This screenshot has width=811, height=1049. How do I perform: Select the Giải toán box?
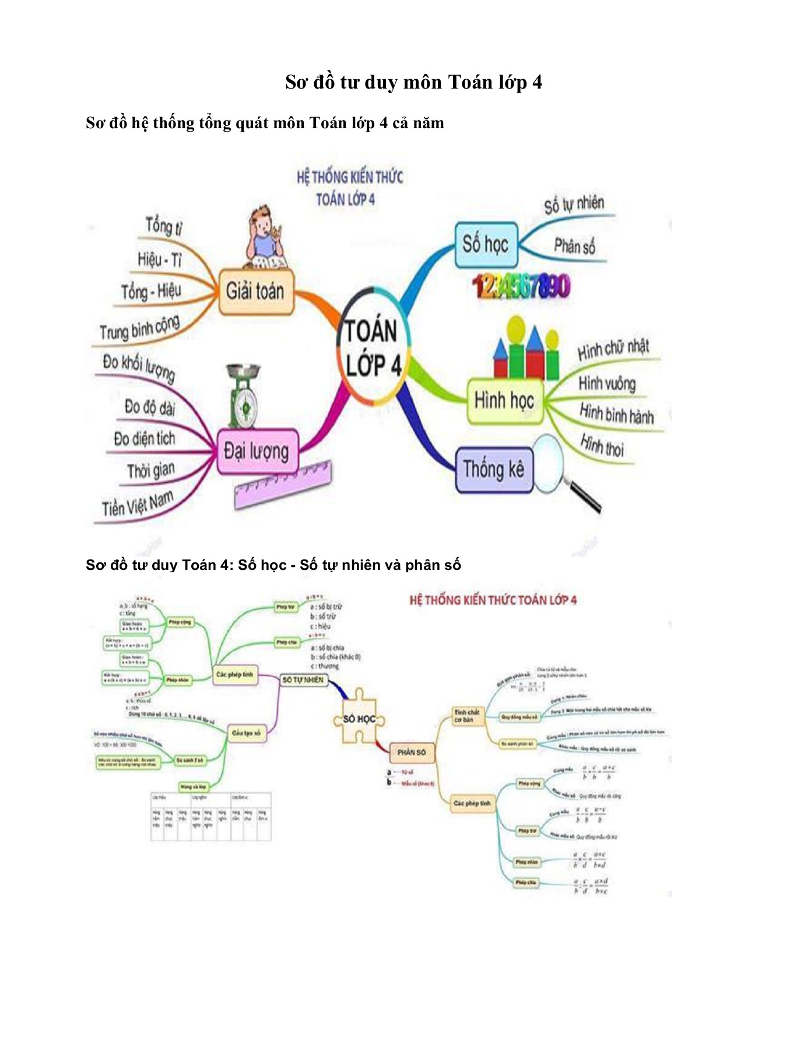coord(255,291)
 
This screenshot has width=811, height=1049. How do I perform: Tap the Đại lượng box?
coord(257,451)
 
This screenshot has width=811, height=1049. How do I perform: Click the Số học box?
coord(486,244)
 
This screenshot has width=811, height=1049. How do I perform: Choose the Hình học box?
coord(504,401)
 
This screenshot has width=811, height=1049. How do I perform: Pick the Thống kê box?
coord(493,469)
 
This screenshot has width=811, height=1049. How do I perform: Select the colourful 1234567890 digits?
coord(521,286)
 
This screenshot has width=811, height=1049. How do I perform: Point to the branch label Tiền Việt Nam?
coord(138,504)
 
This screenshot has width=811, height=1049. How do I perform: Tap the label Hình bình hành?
coord(616,414)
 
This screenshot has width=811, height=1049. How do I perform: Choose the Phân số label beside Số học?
coord(574,247)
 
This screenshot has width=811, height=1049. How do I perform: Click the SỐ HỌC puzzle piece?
coord(359,719)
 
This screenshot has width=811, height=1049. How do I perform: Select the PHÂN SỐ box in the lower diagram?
coord(411,752)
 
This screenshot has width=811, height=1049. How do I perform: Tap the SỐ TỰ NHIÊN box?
coord(303,680)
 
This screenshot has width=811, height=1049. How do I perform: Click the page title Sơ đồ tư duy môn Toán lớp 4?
coord(413,82)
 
